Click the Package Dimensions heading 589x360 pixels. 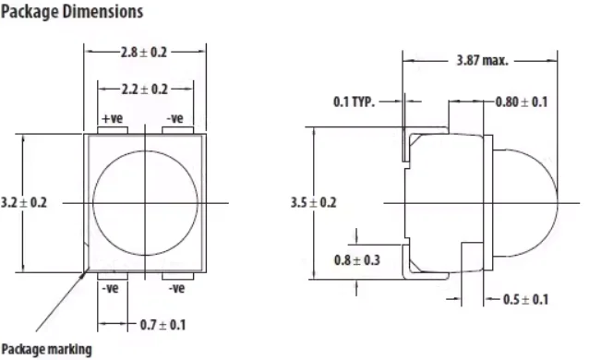(x=72, y=12)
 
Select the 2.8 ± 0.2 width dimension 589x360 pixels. (x=144, y=52)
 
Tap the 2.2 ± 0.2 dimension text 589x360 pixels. (x=145, y=90)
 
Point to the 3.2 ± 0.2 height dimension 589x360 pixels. (x=24, y=202)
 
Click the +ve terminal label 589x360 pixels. (x=113, y=118)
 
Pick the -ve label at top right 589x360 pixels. (x=175, y=118)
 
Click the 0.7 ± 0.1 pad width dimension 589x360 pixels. (x=162, y=325)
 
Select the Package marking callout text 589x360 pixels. (x=46, y=349)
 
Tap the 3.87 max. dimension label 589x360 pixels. (x=482, y=60)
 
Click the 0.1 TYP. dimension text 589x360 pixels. (x=354, y=102)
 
